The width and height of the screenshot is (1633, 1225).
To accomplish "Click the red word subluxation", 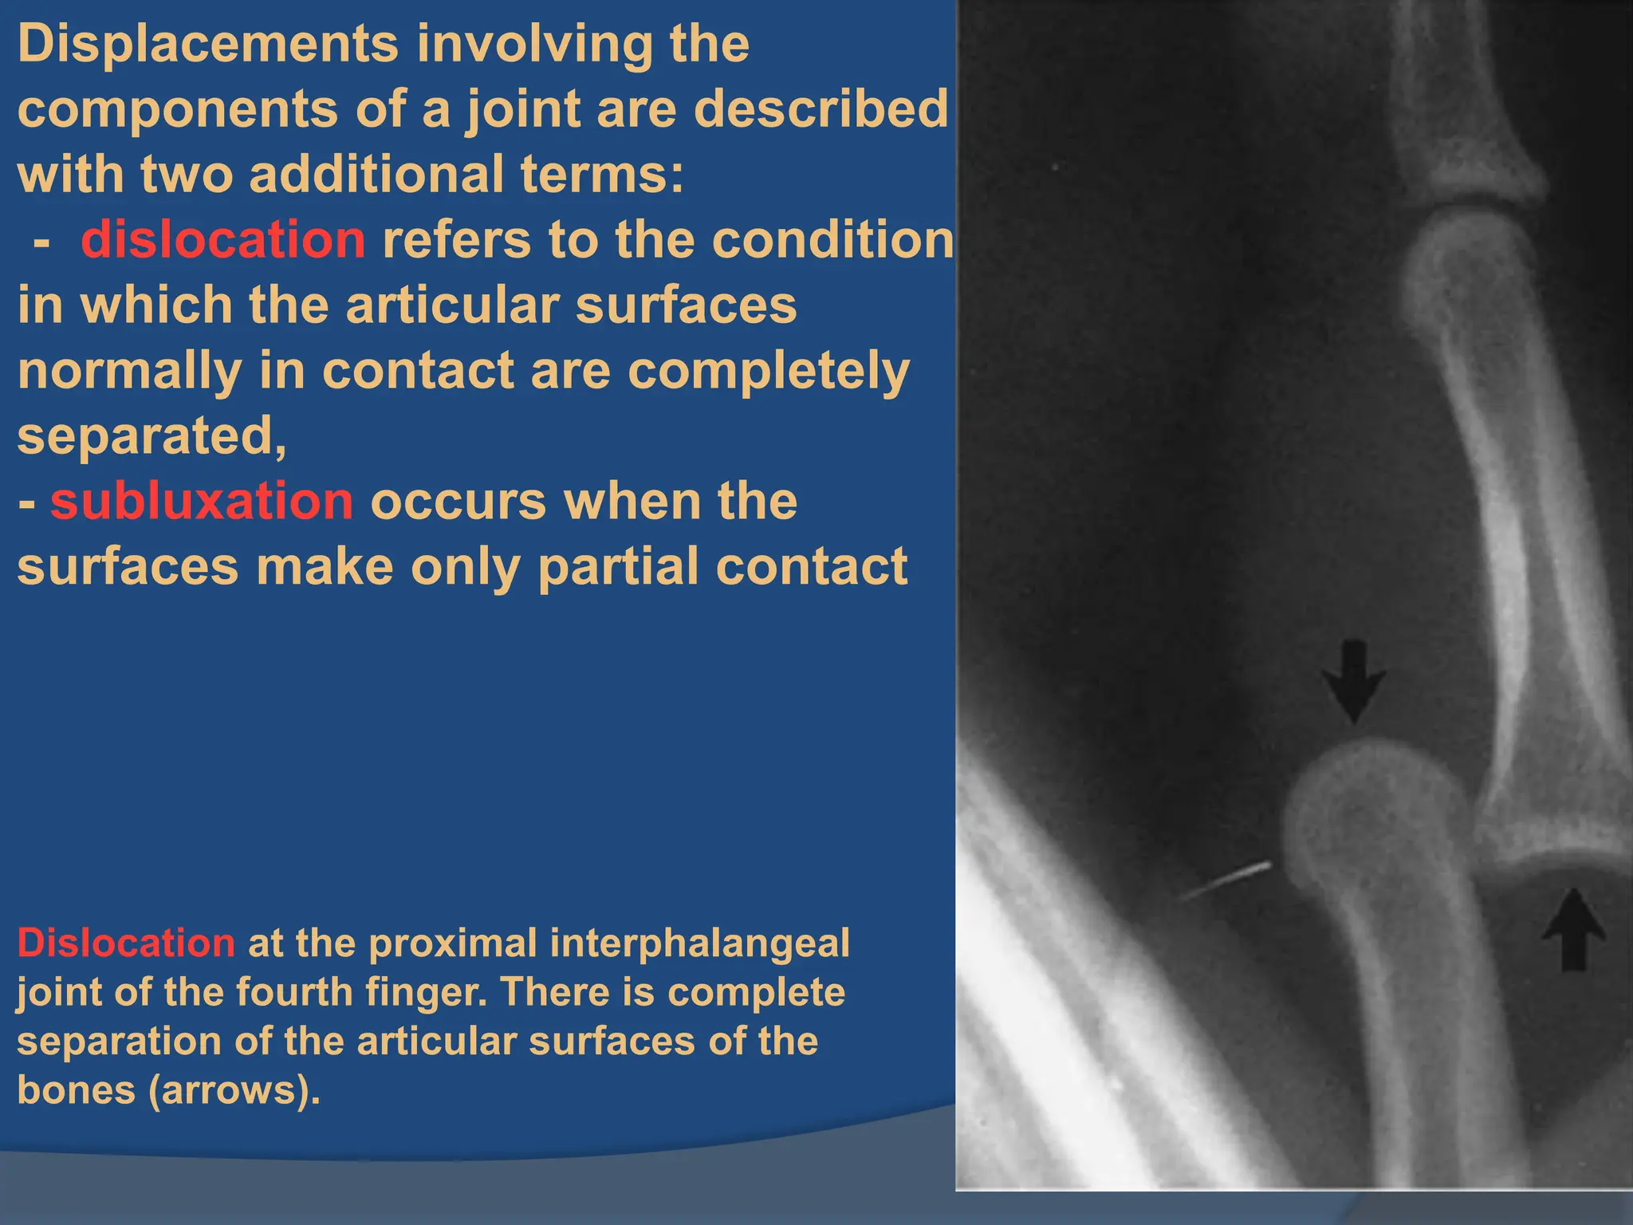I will click(x=201, y=501).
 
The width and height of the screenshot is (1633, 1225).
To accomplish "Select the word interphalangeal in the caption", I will click(x=700, y=944).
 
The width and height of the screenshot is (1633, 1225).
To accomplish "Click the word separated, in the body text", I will click(x=151, y=436).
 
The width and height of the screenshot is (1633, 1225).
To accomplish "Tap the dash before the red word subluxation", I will click(x=27, y=504).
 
